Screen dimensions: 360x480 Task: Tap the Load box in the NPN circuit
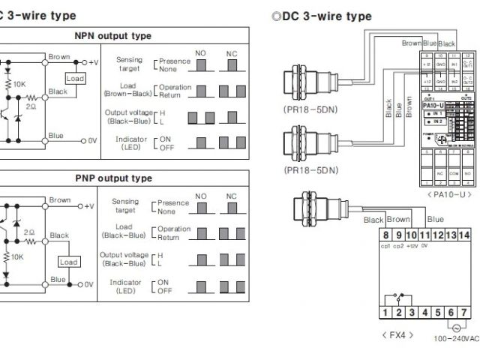(75, 78)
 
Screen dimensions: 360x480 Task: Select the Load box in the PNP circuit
(69, 262)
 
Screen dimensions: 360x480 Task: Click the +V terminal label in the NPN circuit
(93, 62)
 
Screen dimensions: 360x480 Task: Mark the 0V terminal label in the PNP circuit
(88, 284)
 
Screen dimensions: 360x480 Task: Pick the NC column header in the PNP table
(231, 196)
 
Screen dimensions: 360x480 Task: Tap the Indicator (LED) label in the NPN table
(131, 143)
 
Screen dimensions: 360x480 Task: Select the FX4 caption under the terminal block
(397, 334)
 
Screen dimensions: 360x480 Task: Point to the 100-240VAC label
(456, 338)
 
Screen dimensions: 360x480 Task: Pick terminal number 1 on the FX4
(386, 312)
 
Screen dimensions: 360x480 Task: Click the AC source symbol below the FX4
(454, 327)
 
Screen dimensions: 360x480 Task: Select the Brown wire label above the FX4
(398, 220)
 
